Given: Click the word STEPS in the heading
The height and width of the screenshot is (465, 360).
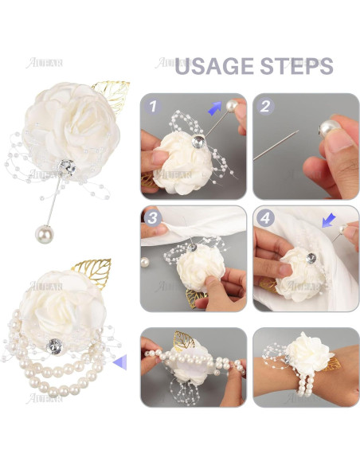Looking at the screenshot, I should point(294,66).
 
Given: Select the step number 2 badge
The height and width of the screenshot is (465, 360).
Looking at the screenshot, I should point(266,105).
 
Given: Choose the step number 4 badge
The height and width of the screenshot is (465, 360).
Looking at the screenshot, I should point(266,217).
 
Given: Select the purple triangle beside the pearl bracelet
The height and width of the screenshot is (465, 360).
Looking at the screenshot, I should point(119,363).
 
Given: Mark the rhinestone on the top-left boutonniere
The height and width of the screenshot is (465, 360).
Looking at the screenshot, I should point(69,169).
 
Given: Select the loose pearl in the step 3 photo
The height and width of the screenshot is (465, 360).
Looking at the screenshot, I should point(145,261).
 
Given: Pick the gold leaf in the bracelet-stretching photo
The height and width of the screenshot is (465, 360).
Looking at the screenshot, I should point(184,340).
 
